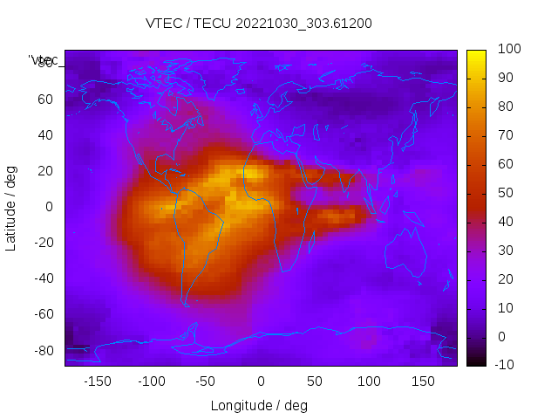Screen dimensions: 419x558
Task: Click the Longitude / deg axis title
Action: pos(259,406)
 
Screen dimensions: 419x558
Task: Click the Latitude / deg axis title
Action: pos(11,207)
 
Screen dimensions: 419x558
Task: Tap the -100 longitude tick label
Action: pos(151,381)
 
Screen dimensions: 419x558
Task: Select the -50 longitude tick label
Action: pos(206,381)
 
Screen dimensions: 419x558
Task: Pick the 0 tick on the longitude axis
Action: pos(261,381)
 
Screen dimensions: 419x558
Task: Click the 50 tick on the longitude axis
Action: pos(315,381)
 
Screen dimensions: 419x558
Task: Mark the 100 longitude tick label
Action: pos(369,381)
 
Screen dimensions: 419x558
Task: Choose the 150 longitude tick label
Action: pos(424,381)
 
